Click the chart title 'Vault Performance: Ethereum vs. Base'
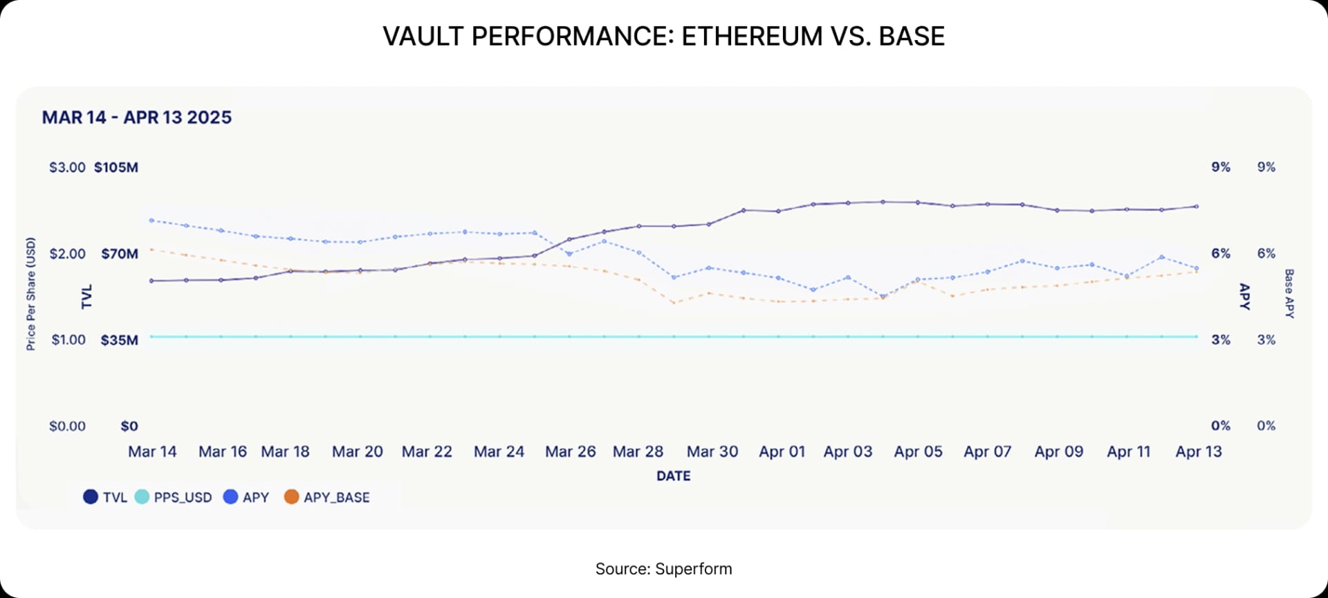pyautogui.click(x=663, y=36)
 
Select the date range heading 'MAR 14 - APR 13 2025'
pyautogui.click(x=137, y=118)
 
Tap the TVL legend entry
pyautogui.click(x=105, y=497)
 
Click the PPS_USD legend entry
pyautogui.click(x=174, y=497)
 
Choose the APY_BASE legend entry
pyautogui.click(x=327, y=497)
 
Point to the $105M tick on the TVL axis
pyautogui.click(x=116, y=167)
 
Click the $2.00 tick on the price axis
pyautogui.click(x=67, y=254)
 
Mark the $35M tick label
pyautogui.click(x=119, y=340)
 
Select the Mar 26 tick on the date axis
pyautogui.click(x=570, y=451)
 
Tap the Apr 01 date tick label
pyautogui.click(x=782, y=451)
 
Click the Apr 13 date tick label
pyautogui.click(x=1199, y=451)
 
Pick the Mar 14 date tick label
pyautogui.click(x=152, y=451)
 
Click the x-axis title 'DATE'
pyautogui.click(x=673, y=476)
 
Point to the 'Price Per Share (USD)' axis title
pyautogui.click(x=30, y=294)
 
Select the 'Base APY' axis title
pyautogui.click(x=1289, y=294)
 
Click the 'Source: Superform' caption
pyautogui.click(x=663, y=569)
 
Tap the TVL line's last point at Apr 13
pyautogui.click(x=1197, y=207)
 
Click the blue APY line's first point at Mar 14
pyautogui.click(x=151, y=221)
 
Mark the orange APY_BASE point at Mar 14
pyautogui.click(x=151, y=250)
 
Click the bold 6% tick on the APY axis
pyautogui.click(x=1220, y=254)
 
